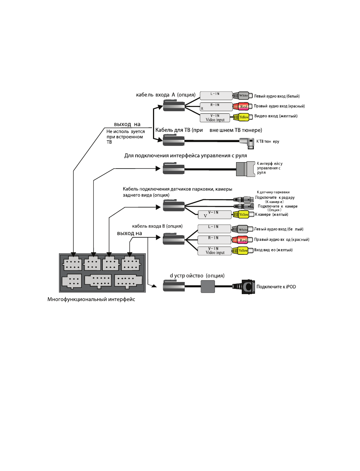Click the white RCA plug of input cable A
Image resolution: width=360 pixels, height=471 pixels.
pyautogui.click(x=243, y=96)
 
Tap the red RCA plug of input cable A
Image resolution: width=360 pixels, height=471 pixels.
pyautogui.click(x=243, y=107)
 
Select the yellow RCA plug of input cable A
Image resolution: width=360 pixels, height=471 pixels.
pyautogui.click(x=241, y=117)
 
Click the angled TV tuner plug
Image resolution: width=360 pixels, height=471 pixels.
pyautogui.click(x=247, y=143)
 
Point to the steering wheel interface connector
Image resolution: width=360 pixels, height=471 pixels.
pyautogui.click(x=246, y=169)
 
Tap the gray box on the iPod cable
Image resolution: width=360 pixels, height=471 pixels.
pyautogui.click(x=207, y=286)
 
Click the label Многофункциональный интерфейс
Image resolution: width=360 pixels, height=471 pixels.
pyautogui.click(x=91, y=299)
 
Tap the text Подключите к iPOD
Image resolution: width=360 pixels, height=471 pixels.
pyautogui.click(x=276, y=287)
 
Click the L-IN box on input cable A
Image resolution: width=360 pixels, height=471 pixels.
pyautogui.click(x=216, y=96)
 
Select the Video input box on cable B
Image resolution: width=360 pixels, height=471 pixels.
pyautogui.click(x=215, y=251)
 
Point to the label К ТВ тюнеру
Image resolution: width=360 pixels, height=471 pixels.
pyautogui.click(x=268, y=141)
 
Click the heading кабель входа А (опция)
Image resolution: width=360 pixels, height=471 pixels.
pyautogui.click(x=166, y=95)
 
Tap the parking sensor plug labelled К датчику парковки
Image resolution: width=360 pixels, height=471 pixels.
pyautogui.click(x=243, y=200)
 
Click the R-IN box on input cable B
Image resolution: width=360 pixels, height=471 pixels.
pyautogui.click(x=214, y=240)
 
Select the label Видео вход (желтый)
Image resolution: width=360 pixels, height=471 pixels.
pyautogui.click(x=276, y=116)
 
